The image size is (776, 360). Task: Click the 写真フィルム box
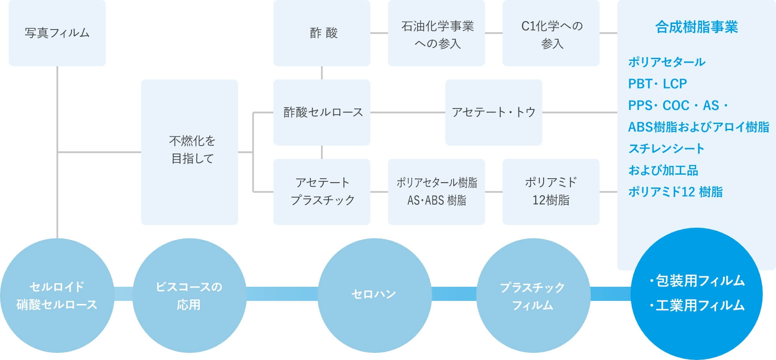tap(57, 33)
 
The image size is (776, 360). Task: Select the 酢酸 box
tap(322, 33)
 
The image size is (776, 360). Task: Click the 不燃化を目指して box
tap(190, 152)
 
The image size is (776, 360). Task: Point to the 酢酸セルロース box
tap(322, 112)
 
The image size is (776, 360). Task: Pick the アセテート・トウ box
tap(494, 112)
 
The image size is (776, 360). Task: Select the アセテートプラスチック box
tap(322, 191)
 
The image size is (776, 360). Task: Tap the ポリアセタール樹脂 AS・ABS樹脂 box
tap(436, 191)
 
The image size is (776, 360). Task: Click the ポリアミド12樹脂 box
tap(551, 191)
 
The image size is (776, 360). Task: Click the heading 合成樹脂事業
tap(696, 27)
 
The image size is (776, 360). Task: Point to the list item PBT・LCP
tap(657, 84)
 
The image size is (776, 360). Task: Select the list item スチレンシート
tap(666, 149)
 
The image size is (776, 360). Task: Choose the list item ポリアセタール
tap(667, 62)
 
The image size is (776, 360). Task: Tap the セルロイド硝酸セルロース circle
tap(57, 296)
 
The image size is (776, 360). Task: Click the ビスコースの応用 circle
tap(189, 296)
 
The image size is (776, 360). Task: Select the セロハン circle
tap(374, 295)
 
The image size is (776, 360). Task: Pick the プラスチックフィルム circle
tap(533, 296)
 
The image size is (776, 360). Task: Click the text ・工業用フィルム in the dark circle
tap(698, 305)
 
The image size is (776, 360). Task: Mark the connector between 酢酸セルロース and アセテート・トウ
tap(407, 112)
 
